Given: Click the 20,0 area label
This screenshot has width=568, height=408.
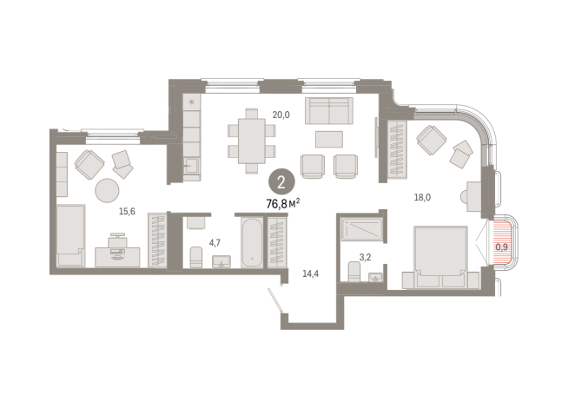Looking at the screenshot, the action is click(281, 115).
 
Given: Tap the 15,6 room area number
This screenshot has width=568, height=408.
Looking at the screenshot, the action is click(127, 212).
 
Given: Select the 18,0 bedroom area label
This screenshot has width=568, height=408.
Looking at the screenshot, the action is click(422, 198).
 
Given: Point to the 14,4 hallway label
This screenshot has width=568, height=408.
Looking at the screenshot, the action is click(310, 274).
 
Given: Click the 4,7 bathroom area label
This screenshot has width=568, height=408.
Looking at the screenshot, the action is click(215, 243).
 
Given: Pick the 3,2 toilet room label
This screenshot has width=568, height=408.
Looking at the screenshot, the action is click(365, 258).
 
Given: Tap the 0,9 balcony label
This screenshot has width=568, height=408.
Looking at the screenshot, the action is click(501, 247).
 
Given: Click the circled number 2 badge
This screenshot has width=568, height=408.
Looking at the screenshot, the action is click(281, 182).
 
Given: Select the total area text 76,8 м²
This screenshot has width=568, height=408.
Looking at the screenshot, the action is click(283, 204).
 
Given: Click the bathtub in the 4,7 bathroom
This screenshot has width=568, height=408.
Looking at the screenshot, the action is click(251, 242).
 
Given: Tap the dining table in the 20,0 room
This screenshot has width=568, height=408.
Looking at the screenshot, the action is click(251, 141).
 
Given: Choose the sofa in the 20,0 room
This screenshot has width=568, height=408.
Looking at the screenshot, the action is click(328, 111).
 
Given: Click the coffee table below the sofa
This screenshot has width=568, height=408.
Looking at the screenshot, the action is click(329, 140).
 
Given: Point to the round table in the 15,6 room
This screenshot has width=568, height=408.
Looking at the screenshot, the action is click(107, 190).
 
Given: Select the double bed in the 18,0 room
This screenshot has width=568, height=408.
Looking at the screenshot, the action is click(440, 258).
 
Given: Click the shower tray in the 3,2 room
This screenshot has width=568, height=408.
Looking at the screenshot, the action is click(362, 229).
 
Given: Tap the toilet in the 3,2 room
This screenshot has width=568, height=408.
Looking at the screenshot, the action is click(354, 271).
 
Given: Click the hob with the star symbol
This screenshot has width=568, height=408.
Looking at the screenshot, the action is click(192, 102).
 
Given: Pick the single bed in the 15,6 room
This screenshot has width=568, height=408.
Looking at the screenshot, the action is click(70, 235).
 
